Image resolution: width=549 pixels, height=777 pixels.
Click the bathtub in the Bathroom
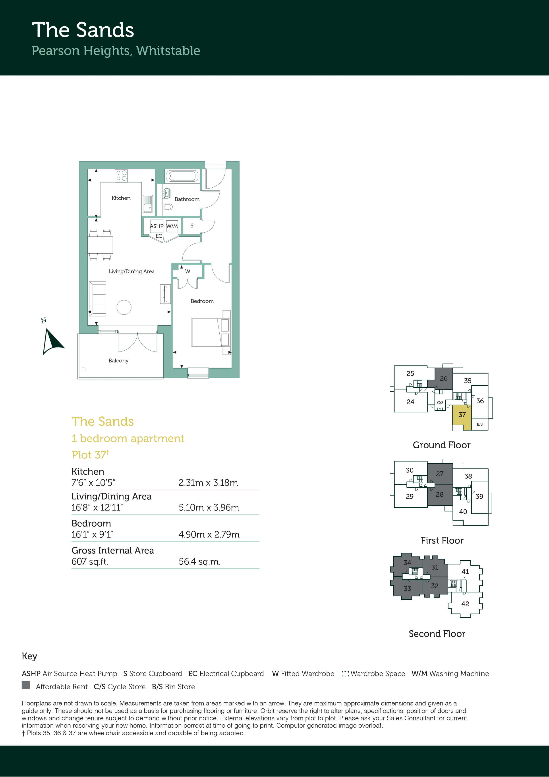click(x=182, y=176)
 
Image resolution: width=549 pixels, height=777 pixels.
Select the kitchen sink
click(x=148, y=204)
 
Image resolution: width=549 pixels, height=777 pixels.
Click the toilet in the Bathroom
click(x=167, y=206)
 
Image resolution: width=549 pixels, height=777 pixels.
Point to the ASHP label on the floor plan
click(x=157, y=226)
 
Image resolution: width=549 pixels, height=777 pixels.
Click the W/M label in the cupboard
click(x=172, y=226)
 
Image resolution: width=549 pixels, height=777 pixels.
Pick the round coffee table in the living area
click(x=124, y=307)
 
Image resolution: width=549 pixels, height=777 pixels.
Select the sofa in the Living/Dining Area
click(x=97, y=299)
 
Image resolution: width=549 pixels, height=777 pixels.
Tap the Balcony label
click(x=118, y=360)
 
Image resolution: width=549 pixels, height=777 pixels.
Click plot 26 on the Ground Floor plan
click(x=443, y=378)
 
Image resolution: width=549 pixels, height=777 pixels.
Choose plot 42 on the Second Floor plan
click(x=465, y=604)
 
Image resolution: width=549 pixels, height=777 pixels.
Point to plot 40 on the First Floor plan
click(x=463, y=512)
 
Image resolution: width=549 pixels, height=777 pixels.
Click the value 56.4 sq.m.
click(x=200, y=561)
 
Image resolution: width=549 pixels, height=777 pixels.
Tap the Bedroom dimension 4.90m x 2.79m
click(x=209, y=534)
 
